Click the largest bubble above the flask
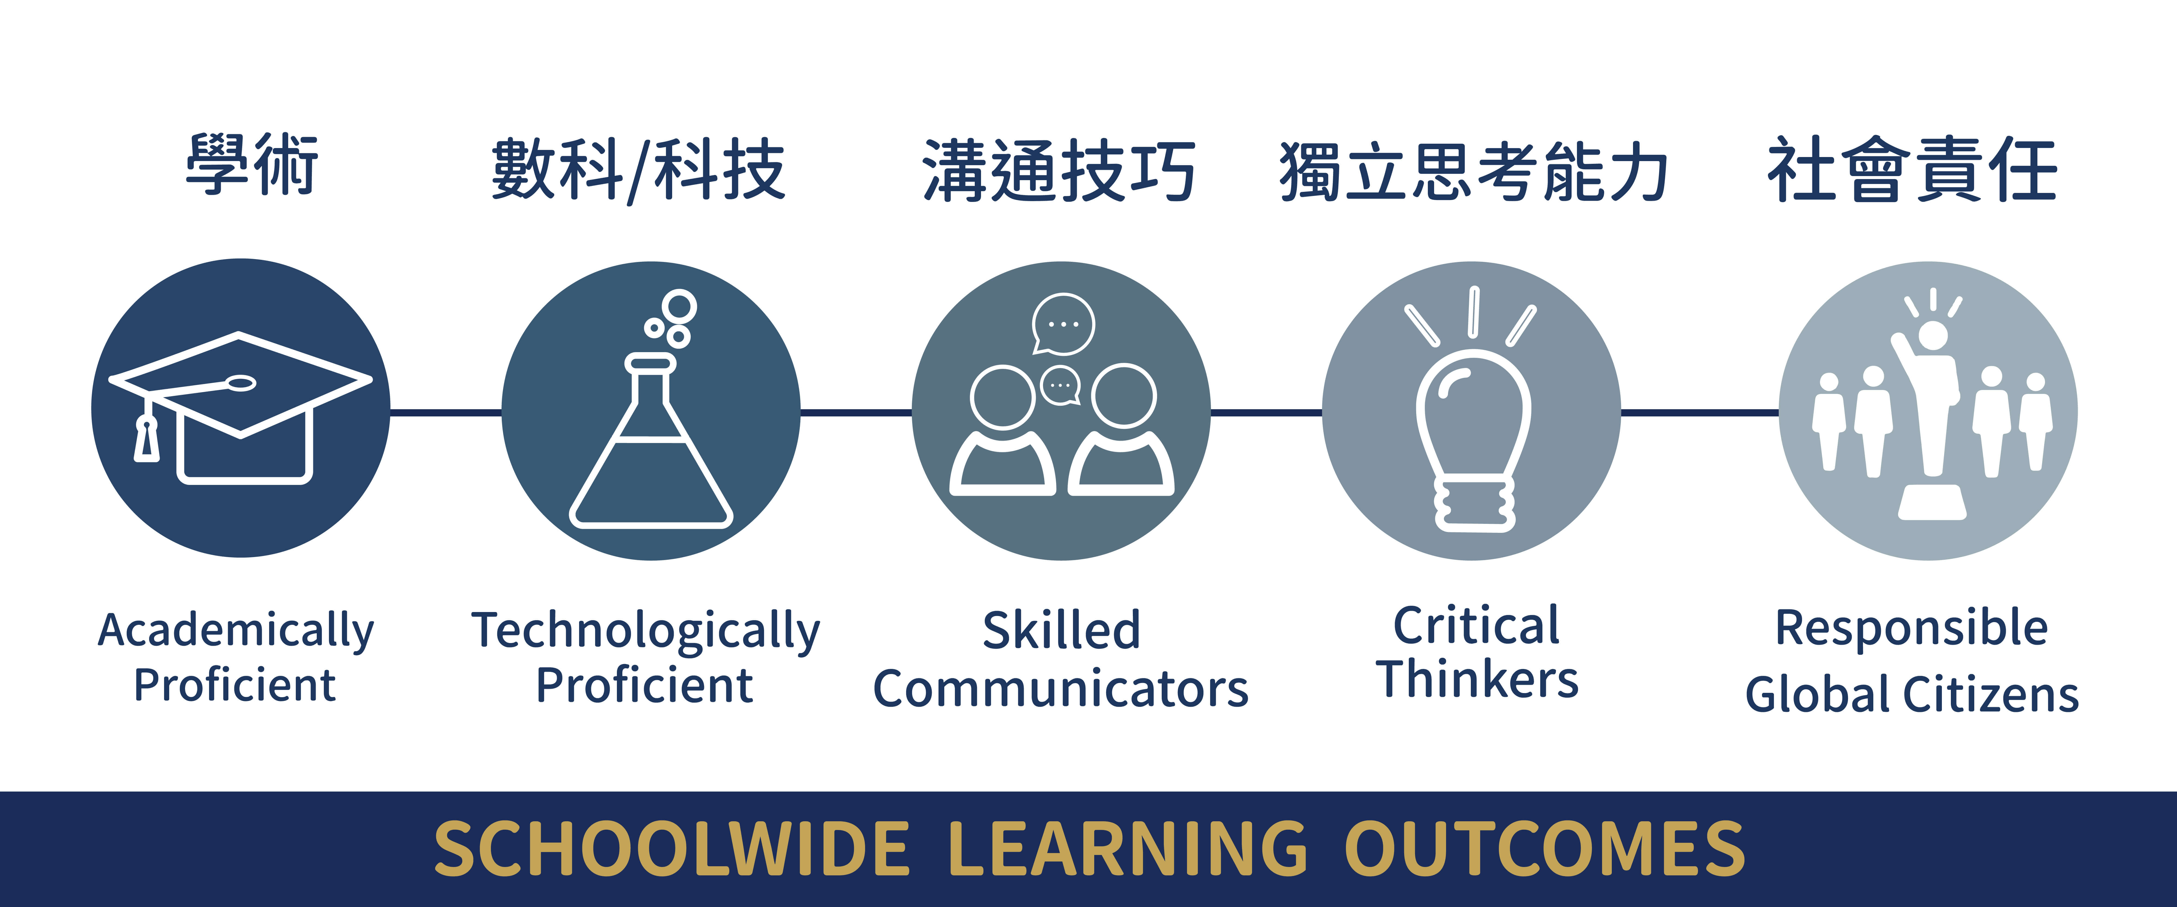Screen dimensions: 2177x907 [679, 306]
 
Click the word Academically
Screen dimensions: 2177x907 [236, 631]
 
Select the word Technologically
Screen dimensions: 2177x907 [646, 631]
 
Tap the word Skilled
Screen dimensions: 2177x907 [1062, 631]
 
